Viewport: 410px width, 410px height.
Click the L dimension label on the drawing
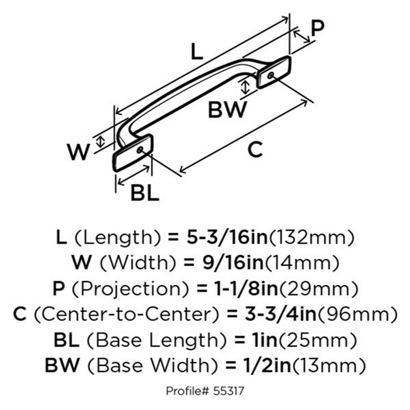coord(197,51)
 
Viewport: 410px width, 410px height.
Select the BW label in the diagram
coord(227,109)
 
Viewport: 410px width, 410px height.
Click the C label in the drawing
coord(255,149)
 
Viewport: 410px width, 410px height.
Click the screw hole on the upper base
coord(271,75)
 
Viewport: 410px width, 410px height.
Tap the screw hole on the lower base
coord(140,150)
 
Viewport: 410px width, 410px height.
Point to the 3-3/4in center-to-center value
coord(280,314)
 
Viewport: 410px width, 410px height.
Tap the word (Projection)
coord(130,289)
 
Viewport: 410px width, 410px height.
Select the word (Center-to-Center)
coord(126,314)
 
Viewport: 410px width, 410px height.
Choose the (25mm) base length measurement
coord(317,340)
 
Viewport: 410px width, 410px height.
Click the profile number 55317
coord(228,391)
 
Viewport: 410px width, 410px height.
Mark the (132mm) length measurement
coord(311,237)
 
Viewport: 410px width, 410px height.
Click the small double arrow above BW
coord(245,87)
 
